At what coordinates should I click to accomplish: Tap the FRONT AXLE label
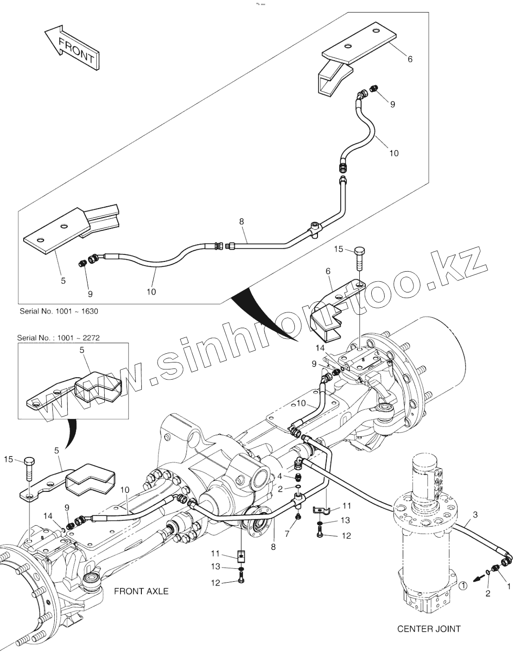point(141,591)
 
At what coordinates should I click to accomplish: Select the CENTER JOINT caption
point(429,629)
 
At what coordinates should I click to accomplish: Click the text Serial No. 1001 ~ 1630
point(59,311)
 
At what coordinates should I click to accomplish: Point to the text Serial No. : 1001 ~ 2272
point(58,337)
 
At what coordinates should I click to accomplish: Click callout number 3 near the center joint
point(475,515)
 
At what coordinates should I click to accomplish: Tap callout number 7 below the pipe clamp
point(287,534)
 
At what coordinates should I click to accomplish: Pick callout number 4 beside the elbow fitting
point(280,476)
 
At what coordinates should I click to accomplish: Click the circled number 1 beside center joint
point(463,585)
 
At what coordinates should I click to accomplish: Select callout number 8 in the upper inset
point(241,222)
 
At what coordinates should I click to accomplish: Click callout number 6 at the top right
point(410,59)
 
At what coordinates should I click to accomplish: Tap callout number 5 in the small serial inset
point(82,350)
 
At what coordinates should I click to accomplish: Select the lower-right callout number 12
point(346,536)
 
